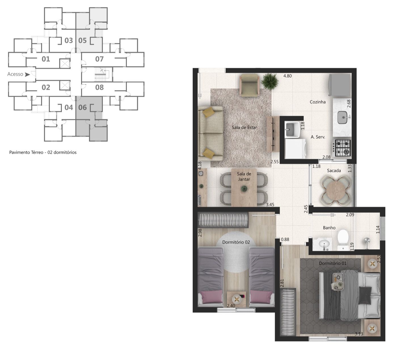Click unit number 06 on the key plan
[x=83, y=107]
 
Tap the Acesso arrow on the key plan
[x=27, y=74]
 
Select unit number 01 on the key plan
[x=46, y=59]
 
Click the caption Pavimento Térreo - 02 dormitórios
[x=43, y=152]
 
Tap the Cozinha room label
[x=317, y=102]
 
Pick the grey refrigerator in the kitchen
[x=340, y=85]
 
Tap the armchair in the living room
[x=249, y=85]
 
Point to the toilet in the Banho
[x=343, y=239]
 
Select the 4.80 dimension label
[x=287, y=76]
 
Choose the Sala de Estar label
[x=244, y=127]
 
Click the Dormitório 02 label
[x=236, y=242]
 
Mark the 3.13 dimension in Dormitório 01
[x=359, y=334]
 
